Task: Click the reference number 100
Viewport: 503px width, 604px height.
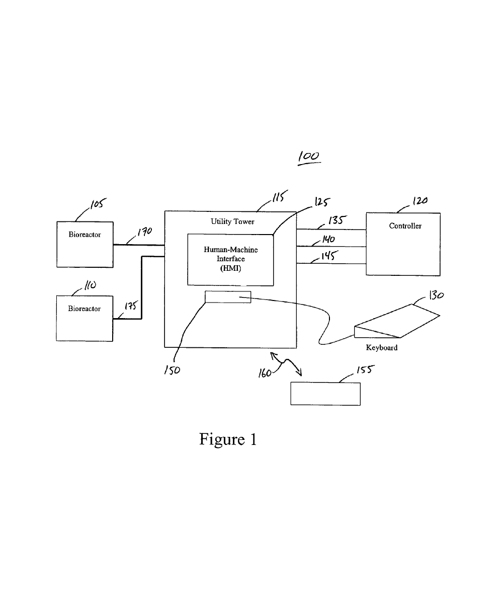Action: [x=309, y=156]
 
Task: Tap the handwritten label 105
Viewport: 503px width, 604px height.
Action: [x=98, y=203]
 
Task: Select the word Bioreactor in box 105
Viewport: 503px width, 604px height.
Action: [x=85, y=235]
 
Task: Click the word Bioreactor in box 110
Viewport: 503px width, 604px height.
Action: [x=84, y=309]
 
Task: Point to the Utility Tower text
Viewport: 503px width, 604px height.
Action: [x=232, y=222]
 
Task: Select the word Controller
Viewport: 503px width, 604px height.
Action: [x=405, y=226]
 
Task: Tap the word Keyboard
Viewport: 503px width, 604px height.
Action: [x=382, y=348]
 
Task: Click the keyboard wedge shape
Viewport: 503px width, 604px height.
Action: [x=397, y=321]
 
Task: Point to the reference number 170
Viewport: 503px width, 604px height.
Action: [x=144, y=232]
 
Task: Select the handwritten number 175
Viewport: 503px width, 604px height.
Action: [x=131, y=306]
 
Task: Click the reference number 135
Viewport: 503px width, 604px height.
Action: [x=338, y=220]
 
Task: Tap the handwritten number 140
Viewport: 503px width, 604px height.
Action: [x=328, y=239]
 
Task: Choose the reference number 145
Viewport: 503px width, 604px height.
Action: [x=329, y=255]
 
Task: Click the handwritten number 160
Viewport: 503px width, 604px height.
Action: [x=265, y=373]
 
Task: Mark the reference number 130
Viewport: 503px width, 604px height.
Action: [x=436, y=295]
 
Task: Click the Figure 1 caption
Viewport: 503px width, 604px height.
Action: [x=228, y=439]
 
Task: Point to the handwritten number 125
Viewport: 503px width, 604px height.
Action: [x=322, y=202]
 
